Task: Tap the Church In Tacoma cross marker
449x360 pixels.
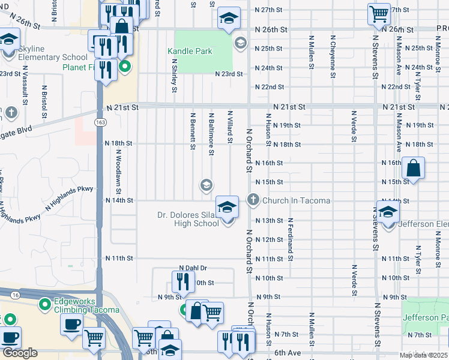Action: click(x=253, y=200)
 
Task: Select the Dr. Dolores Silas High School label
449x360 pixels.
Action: click(x=188, y=219)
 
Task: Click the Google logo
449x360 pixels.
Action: click(x=20, y=353)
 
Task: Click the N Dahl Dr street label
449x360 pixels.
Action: click(x=193, y=268)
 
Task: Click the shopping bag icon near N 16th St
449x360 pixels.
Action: click(x=414, y=168)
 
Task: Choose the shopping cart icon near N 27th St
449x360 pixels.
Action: click(x=379, y=12)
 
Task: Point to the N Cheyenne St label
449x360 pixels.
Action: click(x=333, y=57)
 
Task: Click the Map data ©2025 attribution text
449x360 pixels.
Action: click(x=423, y=355)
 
